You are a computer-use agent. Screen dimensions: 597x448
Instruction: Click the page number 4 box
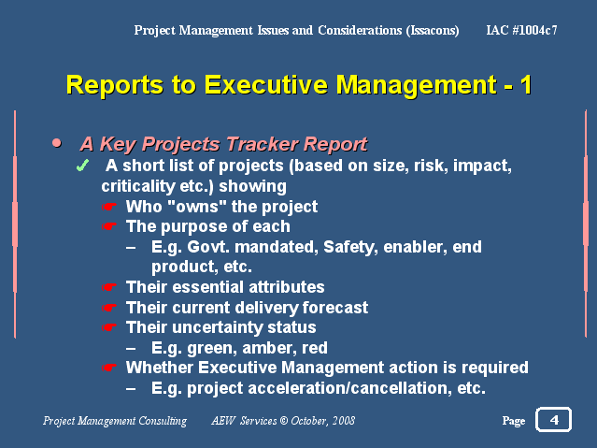553,419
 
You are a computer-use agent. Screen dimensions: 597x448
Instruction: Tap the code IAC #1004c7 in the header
521,30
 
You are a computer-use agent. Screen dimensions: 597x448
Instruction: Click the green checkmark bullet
82,166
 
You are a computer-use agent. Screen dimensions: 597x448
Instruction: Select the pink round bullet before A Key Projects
57,143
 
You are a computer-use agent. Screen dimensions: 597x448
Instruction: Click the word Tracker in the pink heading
262,144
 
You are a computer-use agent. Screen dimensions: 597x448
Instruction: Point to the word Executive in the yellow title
265,84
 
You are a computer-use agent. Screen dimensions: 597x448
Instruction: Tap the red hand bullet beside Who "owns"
109,207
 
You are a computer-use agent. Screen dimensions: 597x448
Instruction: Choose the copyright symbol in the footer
284,421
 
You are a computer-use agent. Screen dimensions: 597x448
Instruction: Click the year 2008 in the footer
344,421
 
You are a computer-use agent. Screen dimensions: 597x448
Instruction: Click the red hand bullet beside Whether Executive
109,368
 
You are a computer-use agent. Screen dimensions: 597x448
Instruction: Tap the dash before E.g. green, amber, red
131,348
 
